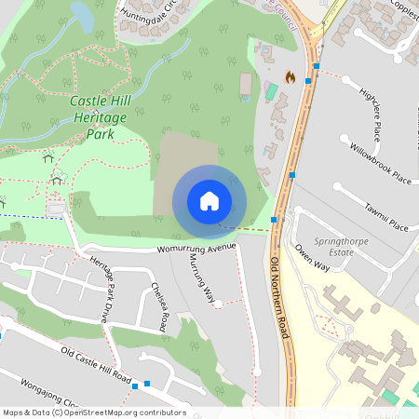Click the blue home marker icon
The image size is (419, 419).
click(209, 201)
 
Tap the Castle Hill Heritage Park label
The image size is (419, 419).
click(92, 116)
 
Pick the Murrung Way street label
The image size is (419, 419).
click(196, 277)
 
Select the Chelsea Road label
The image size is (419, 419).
click(157, 306)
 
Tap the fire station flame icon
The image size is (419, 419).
click(290, 77)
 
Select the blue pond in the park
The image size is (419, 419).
click(82, 16)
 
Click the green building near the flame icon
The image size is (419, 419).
click(271, 91)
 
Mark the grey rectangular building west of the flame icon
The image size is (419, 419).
click(246, 85)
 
